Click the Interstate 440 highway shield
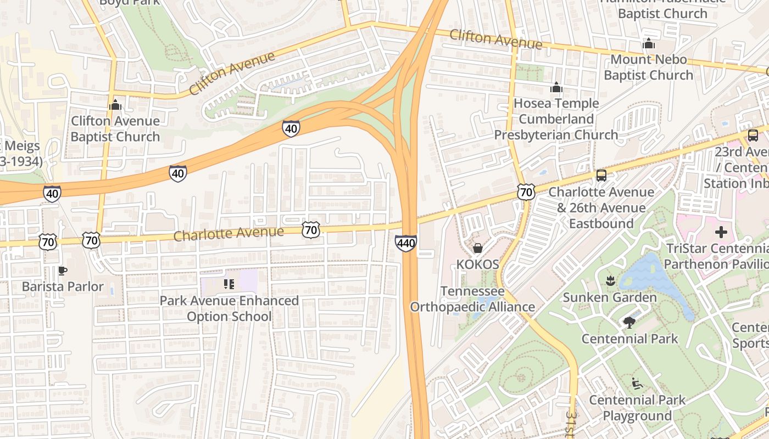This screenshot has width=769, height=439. click(x=405, y=243)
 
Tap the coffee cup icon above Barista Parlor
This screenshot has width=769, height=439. click(x=63, y=271)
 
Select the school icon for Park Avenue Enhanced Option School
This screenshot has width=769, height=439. click(x=229, y=284)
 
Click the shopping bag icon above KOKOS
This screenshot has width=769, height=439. click(x=478, y=248)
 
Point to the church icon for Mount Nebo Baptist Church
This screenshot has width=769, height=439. click(x=649, y=43)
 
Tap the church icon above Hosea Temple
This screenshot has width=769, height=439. click(x=556, y=87)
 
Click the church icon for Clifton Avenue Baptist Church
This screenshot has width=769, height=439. click(x=115, y=104)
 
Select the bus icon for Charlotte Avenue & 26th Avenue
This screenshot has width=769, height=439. click(x=601, y=176)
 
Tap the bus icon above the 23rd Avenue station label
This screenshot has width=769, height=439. click(x=753, y=135)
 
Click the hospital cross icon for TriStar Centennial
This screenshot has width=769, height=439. click(x=721, y=232)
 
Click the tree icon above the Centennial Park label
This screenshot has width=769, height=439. click(x=629, y=323)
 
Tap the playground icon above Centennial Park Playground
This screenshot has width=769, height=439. click(x=637, y=384)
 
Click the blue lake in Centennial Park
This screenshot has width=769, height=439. click(x=651, y=277)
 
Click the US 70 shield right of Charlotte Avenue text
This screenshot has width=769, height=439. click(x=311, y=230)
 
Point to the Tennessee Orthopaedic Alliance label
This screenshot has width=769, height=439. click(x=472, y=299)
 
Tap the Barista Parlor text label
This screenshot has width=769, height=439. click(x=63, y=286)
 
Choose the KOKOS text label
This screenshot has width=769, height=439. click(x=478, y=264)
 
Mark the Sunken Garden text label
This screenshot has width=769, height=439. click(x=610, y=297)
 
